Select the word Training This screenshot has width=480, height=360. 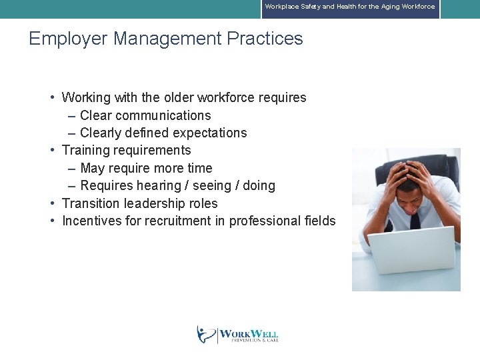(88, 150)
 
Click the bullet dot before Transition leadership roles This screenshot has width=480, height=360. (52, 203)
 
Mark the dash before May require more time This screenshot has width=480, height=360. (71, 168)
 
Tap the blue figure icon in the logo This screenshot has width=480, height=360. (205, 334)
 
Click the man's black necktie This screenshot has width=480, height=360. (415, 220)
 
